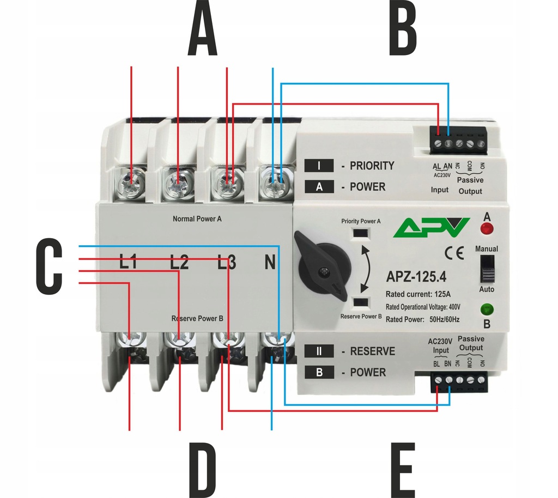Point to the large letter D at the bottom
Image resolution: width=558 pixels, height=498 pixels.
coord(203,470)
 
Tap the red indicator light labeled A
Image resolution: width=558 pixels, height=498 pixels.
coord(487,228)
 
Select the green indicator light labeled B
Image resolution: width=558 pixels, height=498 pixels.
coord(487,311)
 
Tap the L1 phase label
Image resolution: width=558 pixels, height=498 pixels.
coord(128,263)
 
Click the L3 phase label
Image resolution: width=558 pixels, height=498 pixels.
coord(227,263)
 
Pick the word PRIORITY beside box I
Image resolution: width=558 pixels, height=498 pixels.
coord(372,166)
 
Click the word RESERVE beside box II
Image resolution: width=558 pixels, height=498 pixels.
coord(372,351)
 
